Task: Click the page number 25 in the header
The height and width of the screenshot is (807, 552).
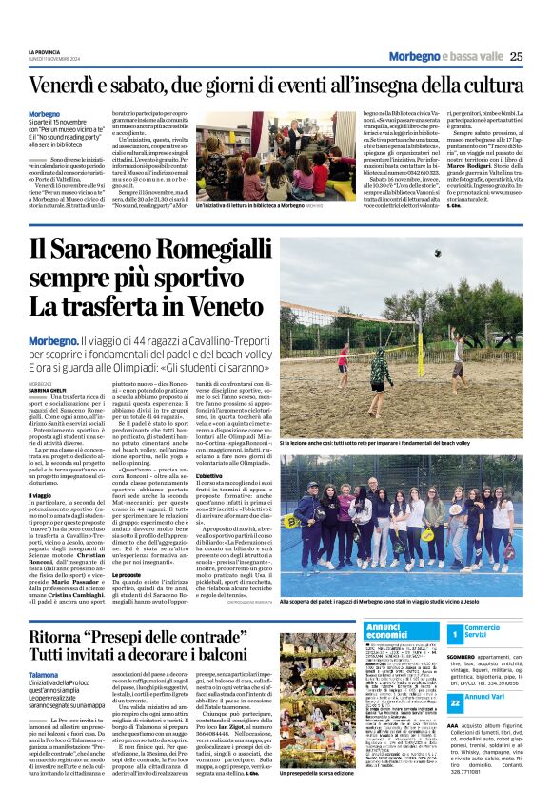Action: [515, 56]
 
